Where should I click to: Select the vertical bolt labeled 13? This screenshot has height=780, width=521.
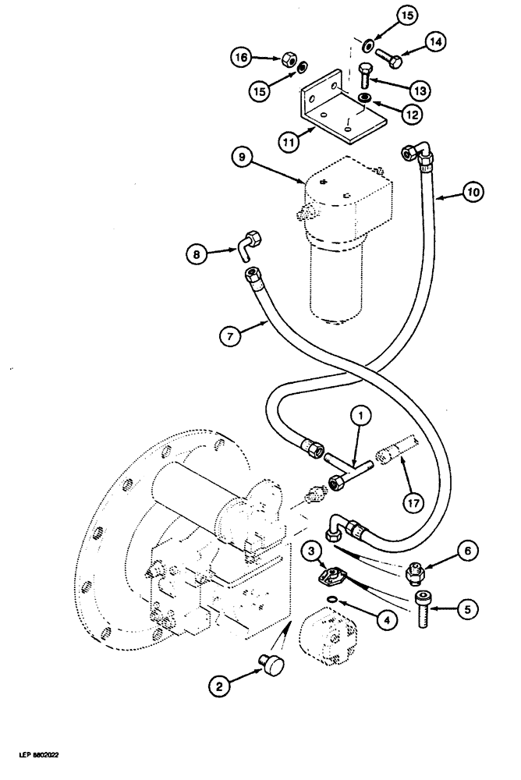pos(363,76)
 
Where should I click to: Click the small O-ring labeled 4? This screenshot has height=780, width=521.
pos(335,600)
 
